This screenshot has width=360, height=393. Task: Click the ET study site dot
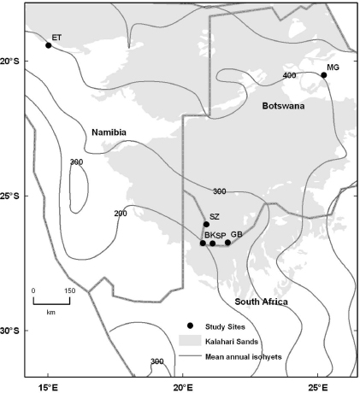(x=48, y=45)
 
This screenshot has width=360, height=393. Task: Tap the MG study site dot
(x=324, y=75)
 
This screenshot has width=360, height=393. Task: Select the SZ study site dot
(x=206, y=225)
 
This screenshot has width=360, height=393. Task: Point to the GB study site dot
(x=227, y=243)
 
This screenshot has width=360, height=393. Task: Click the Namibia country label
(x=109, y=132)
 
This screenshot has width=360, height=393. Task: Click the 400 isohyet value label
(x=289, y=76)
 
